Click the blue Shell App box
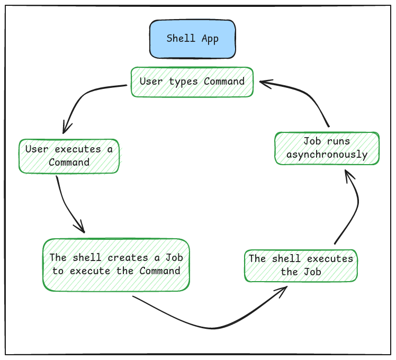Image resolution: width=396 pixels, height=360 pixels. [192, 39]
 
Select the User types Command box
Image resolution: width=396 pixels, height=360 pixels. [192, 82]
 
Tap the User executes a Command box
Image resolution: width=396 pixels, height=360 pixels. [69, 156]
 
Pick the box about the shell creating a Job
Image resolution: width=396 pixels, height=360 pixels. [115, 265]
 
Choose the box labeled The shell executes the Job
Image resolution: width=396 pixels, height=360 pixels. [301, 266]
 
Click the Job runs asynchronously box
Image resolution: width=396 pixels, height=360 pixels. [327, 148]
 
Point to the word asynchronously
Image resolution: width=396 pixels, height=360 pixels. [327, 155]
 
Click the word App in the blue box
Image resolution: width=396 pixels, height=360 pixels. [210, 39]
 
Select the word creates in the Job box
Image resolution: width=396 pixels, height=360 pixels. [127, 258]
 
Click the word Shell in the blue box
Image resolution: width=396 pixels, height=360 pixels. [181, 39]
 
